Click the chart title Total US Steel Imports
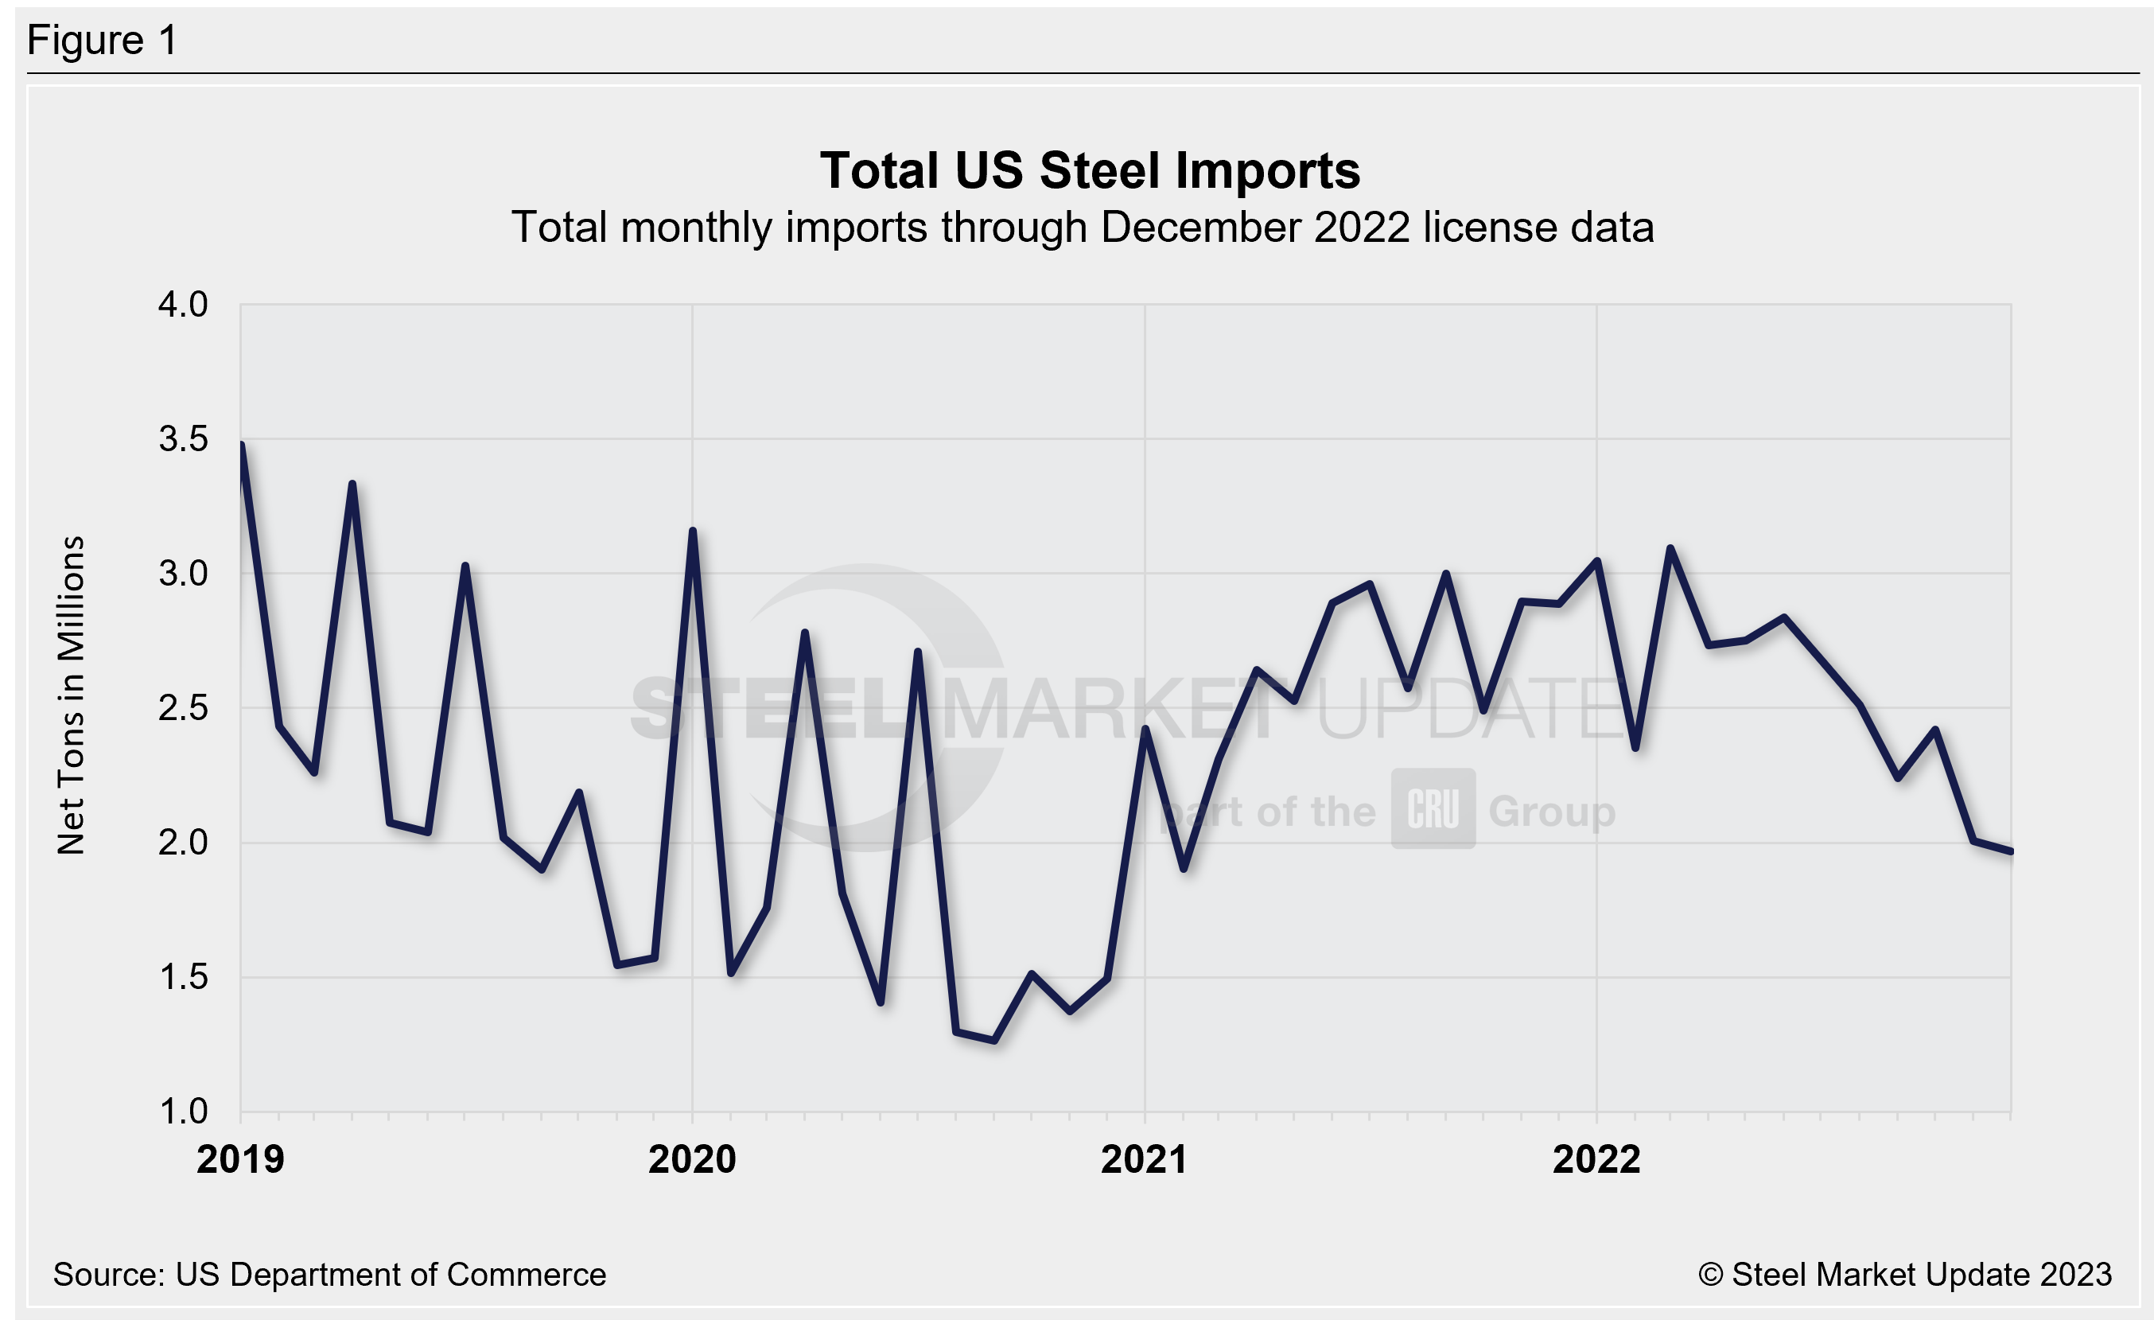pos(1089,170)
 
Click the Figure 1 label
pos(103,41)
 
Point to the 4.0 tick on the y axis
pos(183,304)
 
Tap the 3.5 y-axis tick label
pos(183,439)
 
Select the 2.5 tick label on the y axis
pos(183,707)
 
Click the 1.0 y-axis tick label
pos(183,1111)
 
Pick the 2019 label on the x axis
pos(240,1159)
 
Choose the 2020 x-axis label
pos(691,1159)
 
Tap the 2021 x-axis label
pos(1144,1159)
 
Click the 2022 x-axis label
pos(1596,1159)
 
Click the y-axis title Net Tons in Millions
pos(71,695)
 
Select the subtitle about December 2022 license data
pos(1083,228)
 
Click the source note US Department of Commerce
pos(329,1275)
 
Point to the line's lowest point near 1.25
pos(994,1040)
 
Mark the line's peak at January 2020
pos(692,531)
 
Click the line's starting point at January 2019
pos(241,445)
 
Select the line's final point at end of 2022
pos(2011,851)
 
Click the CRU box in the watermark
pos(1433,808)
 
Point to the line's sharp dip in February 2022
pos(1635,748)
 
